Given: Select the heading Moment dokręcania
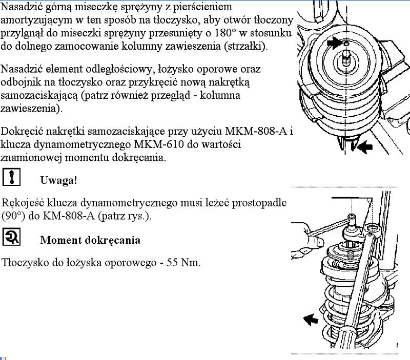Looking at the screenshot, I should (90, 240).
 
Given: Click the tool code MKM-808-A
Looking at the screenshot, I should (259, 132).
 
